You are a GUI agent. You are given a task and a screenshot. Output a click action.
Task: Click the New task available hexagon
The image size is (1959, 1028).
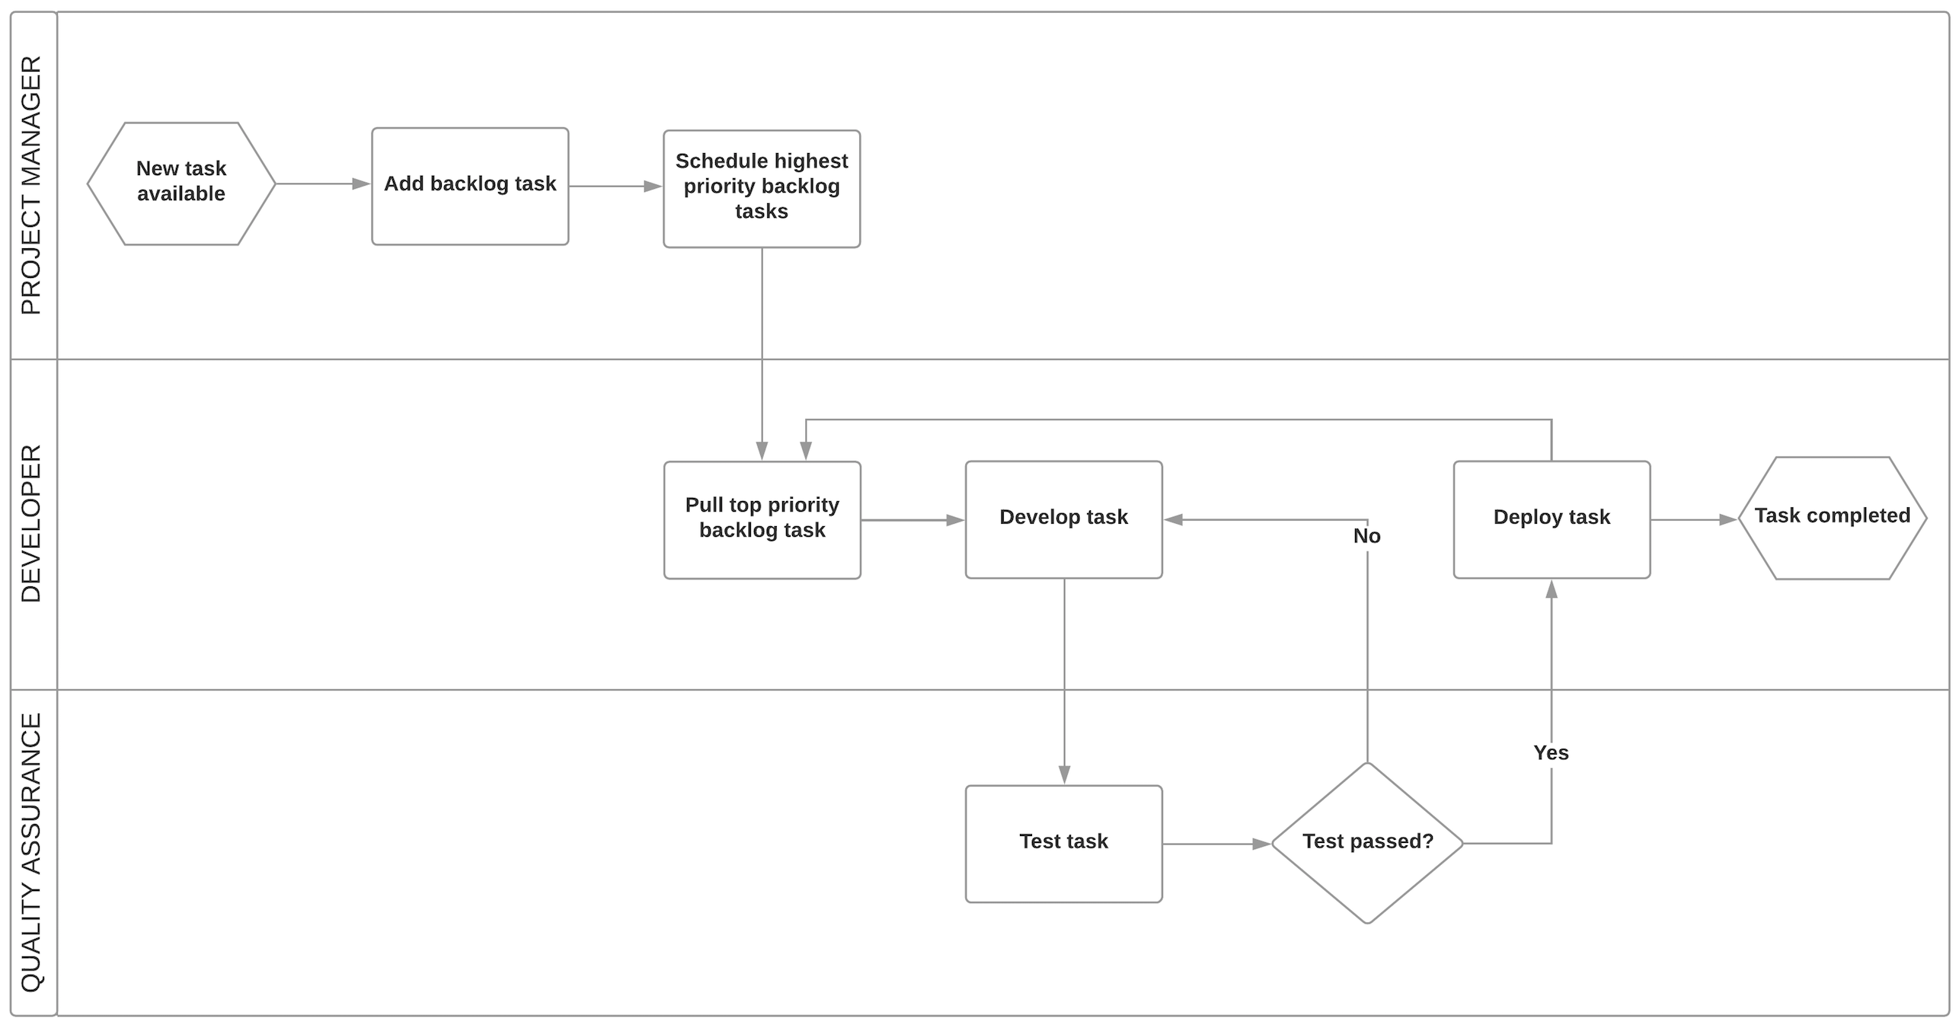(x=181, y=184)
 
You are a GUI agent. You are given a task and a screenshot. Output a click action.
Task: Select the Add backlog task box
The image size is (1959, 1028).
(x=470, y=186)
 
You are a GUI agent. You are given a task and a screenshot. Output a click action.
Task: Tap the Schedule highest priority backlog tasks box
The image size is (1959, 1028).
(x=762, y=188)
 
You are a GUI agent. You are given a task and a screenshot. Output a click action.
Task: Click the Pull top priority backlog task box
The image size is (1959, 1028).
(x=762, y=519)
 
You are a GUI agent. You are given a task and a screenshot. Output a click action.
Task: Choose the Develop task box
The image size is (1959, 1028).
(x=1063, y=519)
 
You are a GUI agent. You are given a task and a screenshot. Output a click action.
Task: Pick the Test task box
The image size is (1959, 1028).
(x=1063, y=844)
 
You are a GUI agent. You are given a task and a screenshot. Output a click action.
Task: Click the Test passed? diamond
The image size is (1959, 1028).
(x=1367, y=843)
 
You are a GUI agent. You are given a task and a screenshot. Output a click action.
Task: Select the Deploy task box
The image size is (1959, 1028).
(x=1552, y=519)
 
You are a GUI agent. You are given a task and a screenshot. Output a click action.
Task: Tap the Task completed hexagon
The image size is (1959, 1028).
(x=1832, y=518)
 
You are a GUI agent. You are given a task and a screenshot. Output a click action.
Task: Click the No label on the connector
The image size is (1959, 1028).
(x=1366, y=536)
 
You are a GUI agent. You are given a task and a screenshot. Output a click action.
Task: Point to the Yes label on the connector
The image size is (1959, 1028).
(x=1551, y=752)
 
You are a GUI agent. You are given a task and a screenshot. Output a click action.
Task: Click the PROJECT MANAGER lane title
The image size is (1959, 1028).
(x=32, y=185)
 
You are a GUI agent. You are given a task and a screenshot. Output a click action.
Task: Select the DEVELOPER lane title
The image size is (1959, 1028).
(x=32, y=524)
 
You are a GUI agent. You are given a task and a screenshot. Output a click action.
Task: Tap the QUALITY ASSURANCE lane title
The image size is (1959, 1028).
(x=32, y=852)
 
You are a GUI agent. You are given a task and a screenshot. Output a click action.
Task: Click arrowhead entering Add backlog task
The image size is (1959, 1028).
(x=361, y=184)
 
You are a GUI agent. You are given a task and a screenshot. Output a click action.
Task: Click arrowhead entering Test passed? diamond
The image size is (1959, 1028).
(x=1261, y=844)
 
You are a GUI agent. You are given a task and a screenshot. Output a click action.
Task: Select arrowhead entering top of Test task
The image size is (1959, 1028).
(x=1064, y=774)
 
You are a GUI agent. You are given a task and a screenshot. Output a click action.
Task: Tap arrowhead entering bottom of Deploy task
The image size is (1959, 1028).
(x=1552, y=589)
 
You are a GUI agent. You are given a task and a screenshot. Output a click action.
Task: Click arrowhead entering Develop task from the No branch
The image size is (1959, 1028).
(x=1174, y=520)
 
